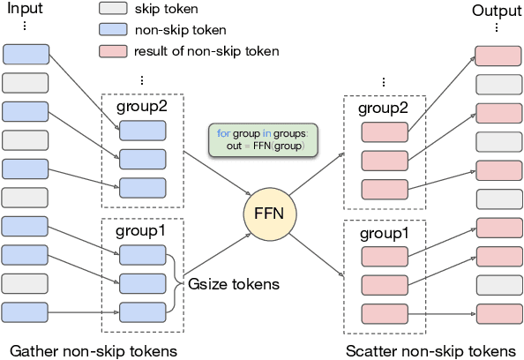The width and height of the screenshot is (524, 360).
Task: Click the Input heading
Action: (25, 11)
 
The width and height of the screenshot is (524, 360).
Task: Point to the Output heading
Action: (496, 11)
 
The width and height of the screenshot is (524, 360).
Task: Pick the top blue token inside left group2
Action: (142, 131)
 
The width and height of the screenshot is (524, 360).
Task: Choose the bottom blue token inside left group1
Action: (142, 311)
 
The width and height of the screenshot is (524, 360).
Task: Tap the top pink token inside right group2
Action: (384, 133)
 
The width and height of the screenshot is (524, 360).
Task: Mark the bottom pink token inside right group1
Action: (384, 312)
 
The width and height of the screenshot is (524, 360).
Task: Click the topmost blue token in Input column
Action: (26, 55)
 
